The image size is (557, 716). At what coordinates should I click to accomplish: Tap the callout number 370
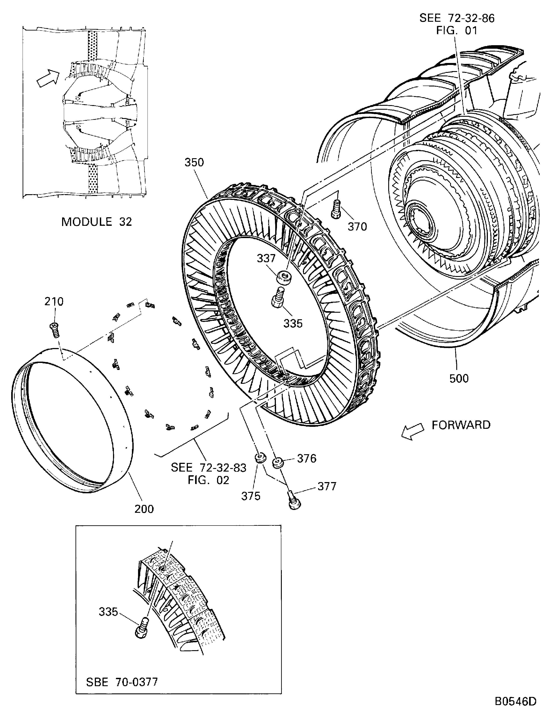point(357,226)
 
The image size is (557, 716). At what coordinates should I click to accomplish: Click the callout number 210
point(54,301)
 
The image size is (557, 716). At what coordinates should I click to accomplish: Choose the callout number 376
point(307,458)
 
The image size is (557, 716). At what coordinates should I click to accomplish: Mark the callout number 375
point(251,496)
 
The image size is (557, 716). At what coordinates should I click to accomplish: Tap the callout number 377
point(327,486)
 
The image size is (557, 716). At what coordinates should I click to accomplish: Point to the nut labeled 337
point(284,277)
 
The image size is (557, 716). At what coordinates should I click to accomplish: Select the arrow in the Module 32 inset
point(48,78)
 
